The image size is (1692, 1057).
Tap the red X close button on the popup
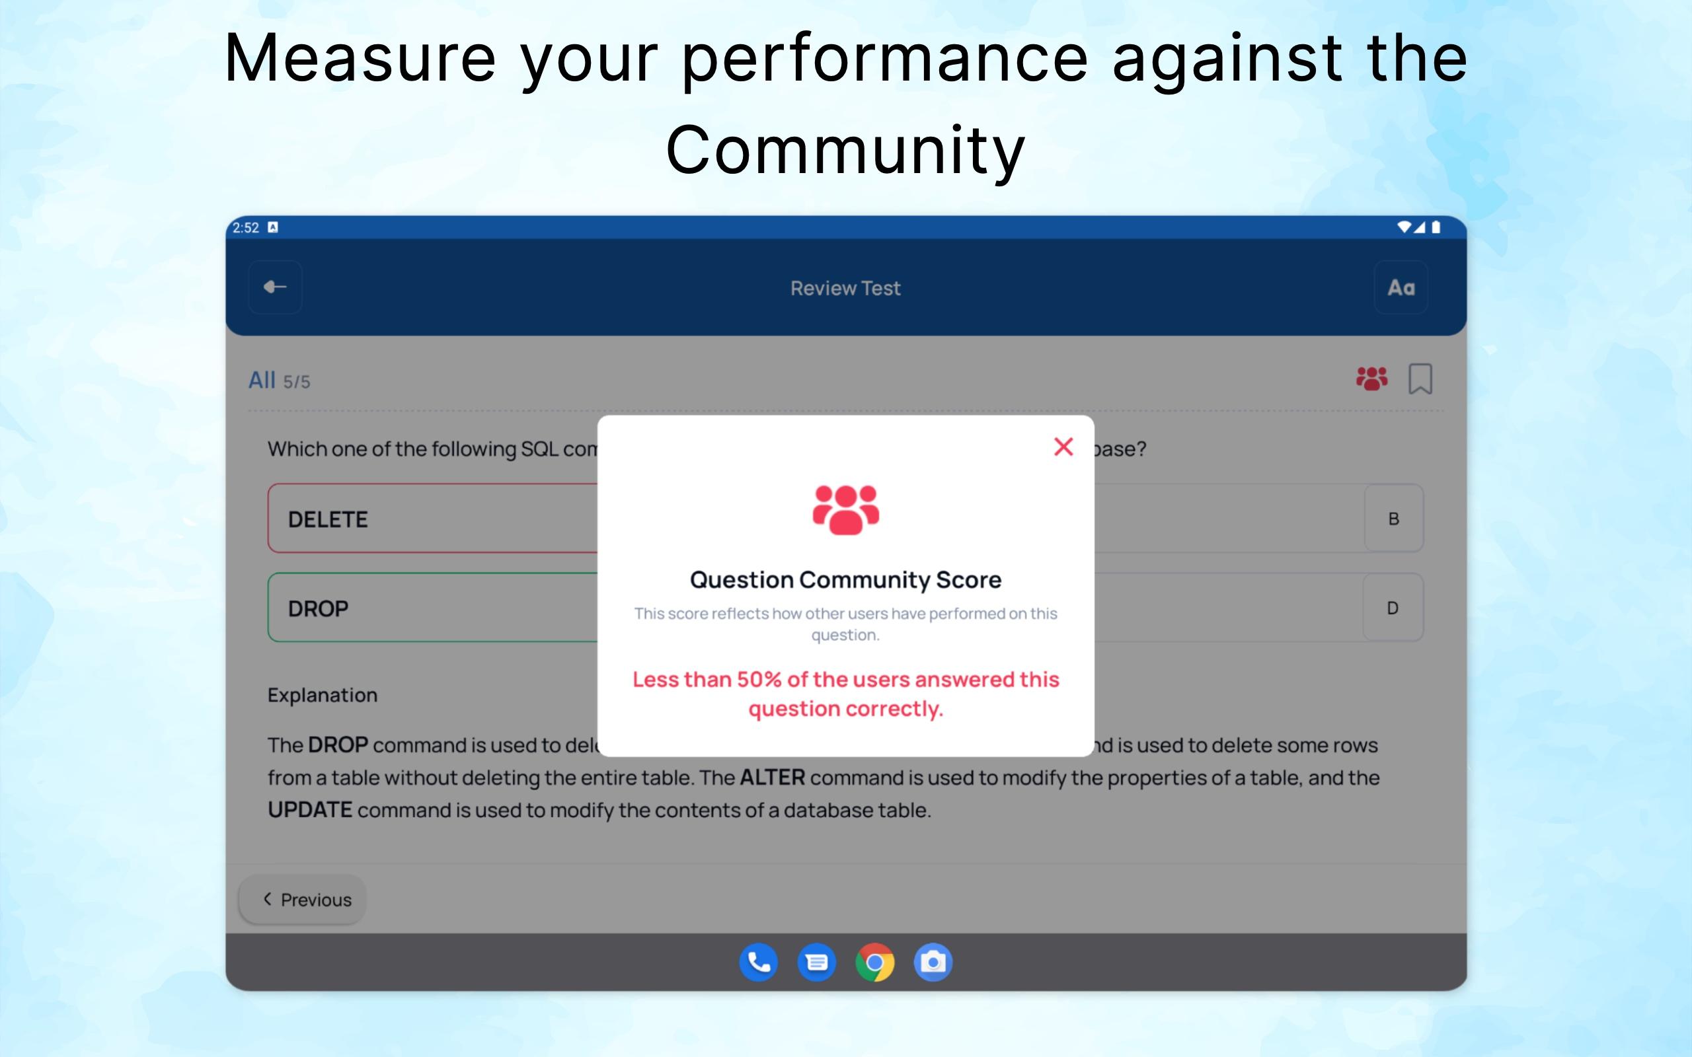(1063, 447)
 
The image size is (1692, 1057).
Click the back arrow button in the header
(276, 287)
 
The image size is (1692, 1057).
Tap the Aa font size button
(1401, 287)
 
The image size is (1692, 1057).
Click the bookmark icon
(1420, 379)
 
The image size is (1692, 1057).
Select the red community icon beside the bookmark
(1372, 379)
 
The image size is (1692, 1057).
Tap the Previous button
(303, 900)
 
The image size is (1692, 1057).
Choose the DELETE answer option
(433, 519)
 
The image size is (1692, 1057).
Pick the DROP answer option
(433, 608)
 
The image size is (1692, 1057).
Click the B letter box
(1393, 519)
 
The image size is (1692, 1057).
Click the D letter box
(1393, 608)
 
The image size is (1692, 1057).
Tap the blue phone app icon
(759, 963)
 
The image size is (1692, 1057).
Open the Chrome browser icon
(874, 963)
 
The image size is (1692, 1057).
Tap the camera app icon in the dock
(933, 963)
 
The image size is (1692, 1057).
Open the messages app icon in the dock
(817, 963)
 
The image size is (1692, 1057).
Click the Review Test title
(845, 288)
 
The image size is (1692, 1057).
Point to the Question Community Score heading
(845, 579)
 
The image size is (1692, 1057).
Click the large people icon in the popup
(845, 509)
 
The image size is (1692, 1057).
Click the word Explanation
(323, 695)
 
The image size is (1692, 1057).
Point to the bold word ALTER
(772, 778)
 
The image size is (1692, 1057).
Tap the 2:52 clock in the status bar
(245, 228)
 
